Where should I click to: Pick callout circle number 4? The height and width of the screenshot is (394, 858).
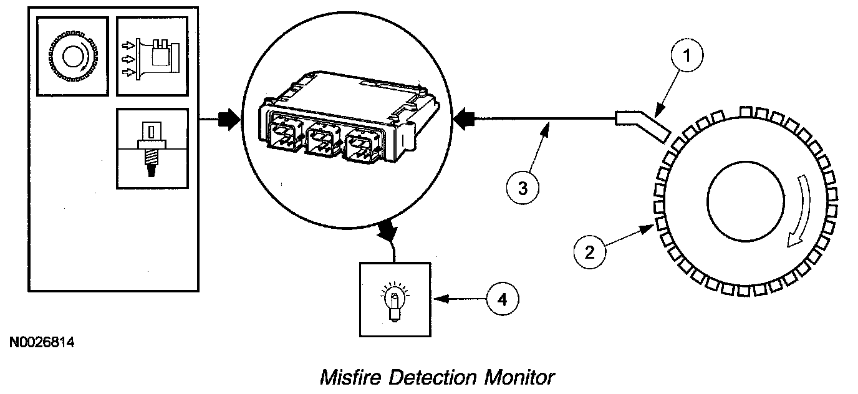502,299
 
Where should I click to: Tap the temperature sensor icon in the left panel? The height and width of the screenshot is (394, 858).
152,149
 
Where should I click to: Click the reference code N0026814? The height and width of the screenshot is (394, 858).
42,342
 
